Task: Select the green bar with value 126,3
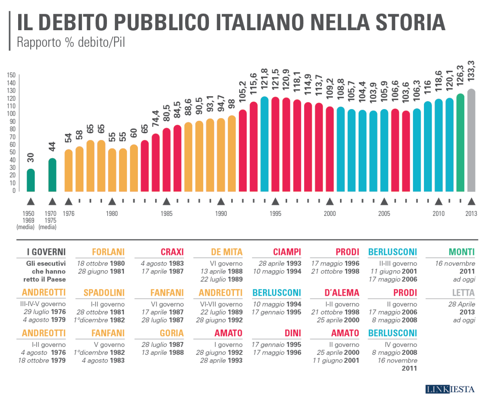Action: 460,143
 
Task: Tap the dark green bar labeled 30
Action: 31,180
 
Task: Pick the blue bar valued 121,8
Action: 265,144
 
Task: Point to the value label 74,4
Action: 155,120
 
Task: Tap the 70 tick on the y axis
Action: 13,137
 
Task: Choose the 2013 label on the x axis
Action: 471,214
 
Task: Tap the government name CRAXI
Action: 172,252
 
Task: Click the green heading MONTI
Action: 461,252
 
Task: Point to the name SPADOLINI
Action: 104,292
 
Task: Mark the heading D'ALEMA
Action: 342,292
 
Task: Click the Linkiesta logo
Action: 450,389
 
